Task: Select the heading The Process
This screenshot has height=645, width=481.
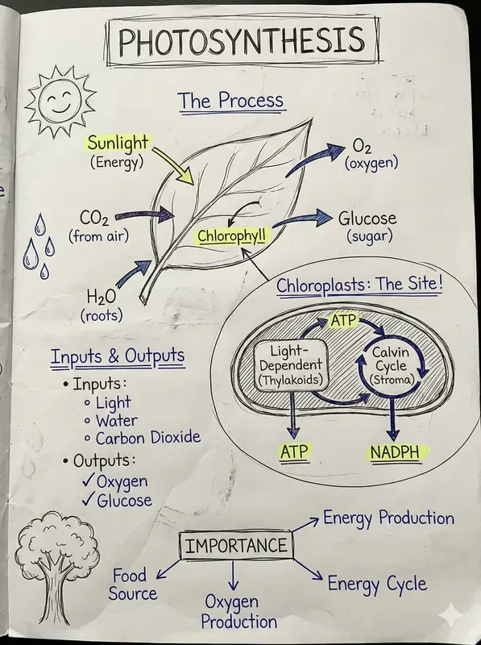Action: point(231,101)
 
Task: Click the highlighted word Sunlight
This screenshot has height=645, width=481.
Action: point(118,144)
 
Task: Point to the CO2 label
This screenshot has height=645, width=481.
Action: point(95,218)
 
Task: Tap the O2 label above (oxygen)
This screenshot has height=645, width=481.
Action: point(361,147)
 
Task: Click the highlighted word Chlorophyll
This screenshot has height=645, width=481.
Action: point(232,236)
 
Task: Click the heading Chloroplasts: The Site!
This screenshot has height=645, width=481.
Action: point(359,284)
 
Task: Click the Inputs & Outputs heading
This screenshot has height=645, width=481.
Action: point(118,356)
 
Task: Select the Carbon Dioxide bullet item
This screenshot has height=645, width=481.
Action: point(147,439)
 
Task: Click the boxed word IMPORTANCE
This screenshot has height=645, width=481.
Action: point(235,546)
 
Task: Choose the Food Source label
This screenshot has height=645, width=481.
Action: point(132,585)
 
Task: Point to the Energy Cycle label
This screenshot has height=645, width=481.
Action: point(376,582)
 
